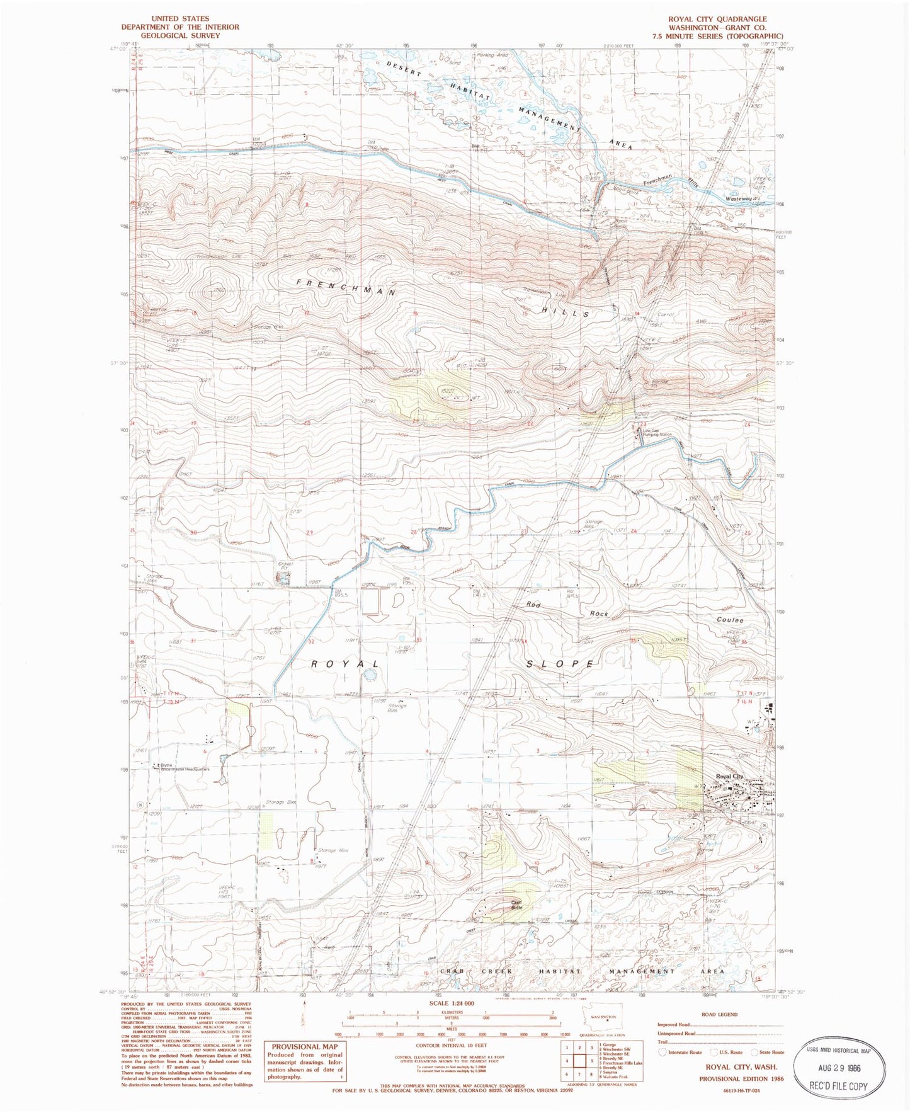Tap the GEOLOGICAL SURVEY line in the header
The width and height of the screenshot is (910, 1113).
(x=180, y=35)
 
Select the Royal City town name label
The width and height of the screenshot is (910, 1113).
(x=729, y=777)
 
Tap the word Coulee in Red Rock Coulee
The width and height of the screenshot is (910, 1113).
(x=731, y=620)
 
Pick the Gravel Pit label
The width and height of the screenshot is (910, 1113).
(x=286, y=566)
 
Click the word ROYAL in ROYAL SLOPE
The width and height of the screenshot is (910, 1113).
(x=346, y=665)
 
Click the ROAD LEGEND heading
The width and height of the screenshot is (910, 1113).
(x=719, y=1014)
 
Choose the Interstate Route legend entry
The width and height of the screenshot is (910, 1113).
(x=680, y=1052)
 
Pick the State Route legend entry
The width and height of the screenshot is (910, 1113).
(x=766, y=1052)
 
